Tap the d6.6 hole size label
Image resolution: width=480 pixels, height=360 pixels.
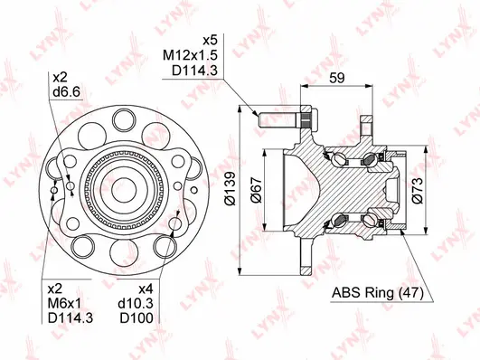coord(65,93)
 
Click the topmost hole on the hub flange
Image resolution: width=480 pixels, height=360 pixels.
coord(120,118)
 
